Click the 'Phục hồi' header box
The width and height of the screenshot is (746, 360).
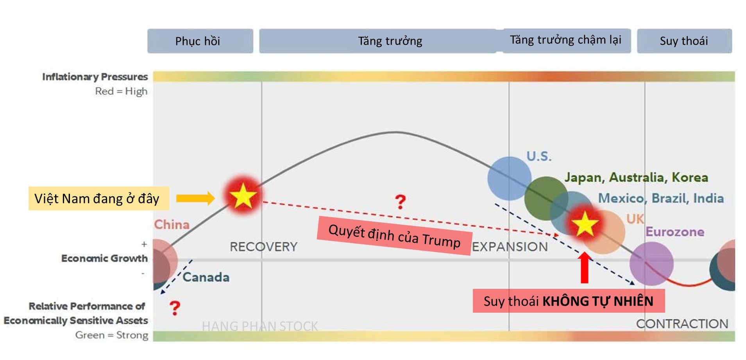200,41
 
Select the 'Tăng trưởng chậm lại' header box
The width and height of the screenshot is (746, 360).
566,40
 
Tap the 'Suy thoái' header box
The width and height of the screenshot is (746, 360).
684,41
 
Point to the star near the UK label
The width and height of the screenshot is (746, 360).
585,224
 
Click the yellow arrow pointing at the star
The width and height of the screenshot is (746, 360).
195,198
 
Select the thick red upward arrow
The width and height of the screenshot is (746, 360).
585,267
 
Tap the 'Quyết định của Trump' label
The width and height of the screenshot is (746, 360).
394,236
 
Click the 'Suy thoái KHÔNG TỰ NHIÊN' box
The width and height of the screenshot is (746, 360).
569,301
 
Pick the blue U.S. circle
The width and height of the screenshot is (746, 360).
509,179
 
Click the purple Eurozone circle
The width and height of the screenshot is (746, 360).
651,263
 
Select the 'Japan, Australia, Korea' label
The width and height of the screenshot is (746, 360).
636,177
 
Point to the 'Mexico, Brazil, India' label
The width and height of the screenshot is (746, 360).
661,198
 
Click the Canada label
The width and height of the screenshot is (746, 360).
206,277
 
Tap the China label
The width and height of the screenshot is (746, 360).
172,224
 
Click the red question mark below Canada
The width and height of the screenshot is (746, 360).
175,308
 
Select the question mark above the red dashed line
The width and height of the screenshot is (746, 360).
400,202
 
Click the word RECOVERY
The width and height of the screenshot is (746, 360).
263,247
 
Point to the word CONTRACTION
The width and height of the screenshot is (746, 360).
682,324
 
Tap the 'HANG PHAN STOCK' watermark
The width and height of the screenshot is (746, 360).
260,326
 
